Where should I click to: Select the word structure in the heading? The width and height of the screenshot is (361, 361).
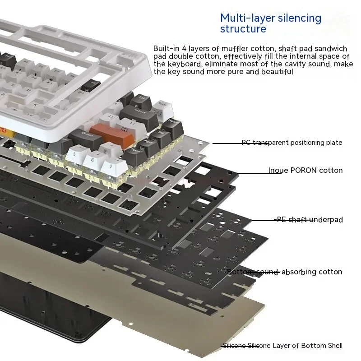point(243,29)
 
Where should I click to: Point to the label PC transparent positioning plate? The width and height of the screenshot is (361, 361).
point(292,143)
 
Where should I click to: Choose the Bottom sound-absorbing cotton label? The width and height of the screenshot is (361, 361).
point(284,272)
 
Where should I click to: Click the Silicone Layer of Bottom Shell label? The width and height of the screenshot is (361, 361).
point(282,346)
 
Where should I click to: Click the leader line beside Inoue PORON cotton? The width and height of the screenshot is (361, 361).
point(253,173)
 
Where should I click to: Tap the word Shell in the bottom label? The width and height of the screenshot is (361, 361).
point(333,346)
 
